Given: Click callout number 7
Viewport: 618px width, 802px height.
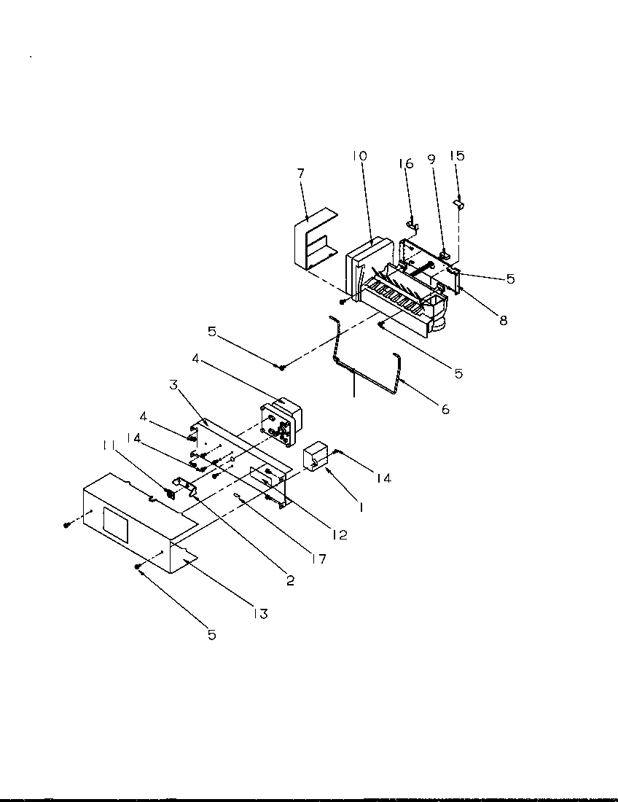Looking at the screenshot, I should click(301, 174).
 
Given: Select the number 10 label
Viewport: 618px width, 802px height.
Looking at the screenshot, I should click(360, 156).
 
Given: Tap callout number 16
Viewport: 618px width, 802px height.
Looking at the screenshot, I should click(406, 163).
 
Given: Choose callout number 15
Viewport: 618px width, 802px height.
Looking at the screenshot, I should click(457, 156).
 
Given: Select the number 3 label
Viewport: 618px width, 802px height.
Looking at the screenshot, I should click(173, 385).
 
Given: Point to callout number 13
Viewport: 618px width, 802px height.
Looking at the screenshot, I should click(260, 614).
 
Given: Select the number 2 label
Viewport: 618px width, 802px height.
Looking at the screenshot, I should click(290, 580).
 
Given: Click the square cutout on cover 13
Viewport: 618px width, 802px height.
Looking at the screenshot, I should click(114, 525).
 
